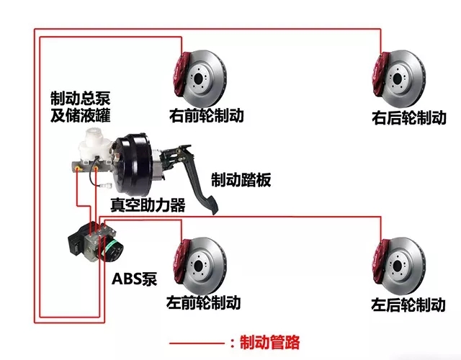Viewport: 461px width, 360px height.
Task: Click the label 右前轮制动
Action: (207, 115)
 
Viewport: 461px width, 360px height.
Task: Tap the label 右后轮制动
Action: (409, 118)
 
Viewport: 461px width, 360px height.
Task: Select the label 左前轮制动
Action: (203, 302)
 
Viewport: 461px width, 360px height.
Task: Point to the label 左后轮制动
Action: (408, 305)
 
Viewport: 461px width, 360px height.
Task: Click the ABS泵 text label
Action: (135, 279)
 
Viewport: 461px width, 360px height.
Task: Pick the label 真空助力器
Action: (148, 204)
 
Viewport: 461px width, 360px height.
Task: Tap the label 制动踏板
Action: (241, 179)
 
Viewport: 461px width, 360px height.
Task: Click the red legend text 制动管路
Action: (269, 342)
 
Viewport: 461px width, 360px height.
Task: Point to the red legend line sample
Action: (197, 343)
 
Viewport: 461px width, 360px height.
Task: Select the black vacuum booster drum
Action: (134, 166)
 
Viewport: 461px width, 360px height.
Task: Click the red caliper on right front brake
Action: (180, 75)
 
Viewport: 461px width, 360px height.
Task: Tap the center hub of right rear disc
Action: (397, 78)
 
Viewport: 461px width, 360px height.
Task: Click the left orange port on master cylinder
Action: (77, 169)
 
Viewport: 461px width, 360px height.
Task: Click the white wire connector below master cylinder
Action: (106, 186)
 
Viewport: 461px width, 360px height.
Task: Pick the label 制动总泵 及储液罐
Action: (80, 107)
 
